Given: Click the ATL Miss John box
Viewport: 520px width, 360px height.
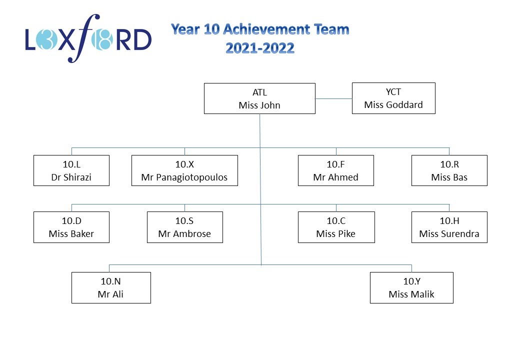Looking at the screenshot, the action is click(259, 98).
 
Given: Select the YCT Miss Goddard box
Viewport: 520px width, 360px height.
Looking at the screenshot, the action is click(393, 98).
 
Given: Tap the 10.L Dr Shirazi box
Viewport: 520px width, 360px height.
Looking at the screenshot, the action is click(71, 170).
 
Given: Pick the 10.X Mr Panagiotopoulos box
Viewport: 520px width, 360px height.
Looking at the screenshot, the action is click(184, 170).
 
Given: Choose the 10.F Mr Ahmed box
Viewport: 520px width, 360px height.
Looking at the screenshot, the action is click(336, 170).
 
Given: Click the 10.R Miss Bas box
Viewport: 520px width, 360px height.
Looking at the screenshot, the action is click(449, 170).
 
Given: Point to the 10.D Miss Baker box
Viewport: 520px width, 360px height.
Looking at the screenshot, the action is click(71, 227).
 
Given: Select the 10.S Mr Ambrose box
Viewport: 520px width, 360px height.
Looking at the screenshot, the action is click(184, 227).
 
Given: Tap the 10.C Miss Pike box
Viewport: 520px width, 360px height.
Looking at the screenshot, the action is click(336, 227).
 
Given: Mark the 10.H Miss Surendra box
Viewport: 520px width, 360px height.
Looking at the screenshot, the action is click(449, 227).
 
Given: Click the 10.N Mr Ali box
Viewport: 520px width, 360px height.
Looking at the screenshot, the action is click(111, 287).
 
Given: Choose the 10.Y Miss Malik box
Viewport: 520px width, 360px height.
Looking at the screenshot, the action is click(411, 287).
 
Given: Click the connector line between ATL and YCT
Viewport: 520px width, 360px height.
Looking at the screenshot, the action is click(333, 98).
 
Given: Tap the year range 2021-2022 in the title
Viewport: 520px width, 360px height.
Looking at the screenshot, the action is click(260, 48).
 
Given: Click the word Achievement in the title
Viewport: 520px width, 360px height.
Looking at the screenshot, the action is click(267, 29).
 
